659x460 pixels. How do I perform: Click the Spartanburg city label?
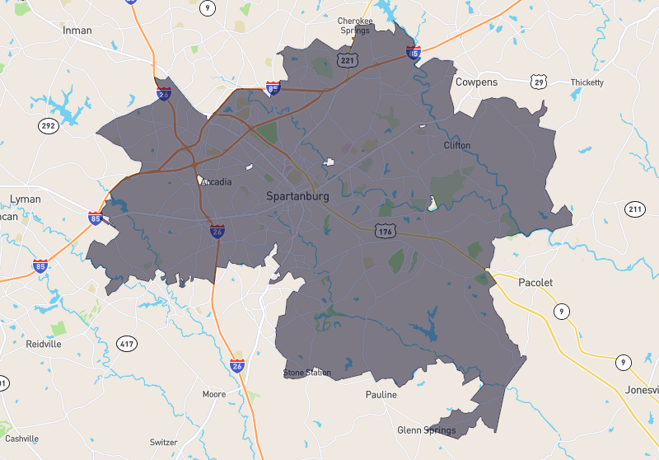pyautogui.click(x=297, y=196)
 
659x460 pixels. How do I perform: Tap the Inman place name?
pyautogui.click(x=77, y=31)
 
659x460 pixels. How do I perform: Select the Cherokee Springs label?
pyautogui.click(x=355, y=26)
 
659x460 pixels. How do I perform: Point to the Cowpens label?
pyautogui.click(x=476, y=82)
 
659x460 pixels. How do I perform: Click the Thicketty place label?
pyautogui.click(x=587, y=82)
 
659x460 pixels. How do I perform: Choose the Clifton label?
pyautogui.click(x=457, y=145)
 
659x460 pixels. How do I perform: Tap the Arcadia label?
pyautogui.click(x=216, y=182)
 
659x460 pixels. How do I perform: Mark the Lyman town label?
pyautogui.click(x=25, y=199)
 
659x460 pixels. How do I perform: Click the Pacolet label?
pyautogui.click(x=535, y=283)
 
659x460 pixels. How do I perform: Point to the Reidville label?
pyautogui.click(x=44, y=344)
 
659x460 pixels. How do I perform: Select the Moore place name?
pyautogui.click(x=214, y=394)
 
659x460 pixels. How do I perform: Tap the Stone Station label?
pyautogui.click(x=307, y=373)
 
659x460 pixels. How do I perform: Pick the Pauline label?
pyautogui.click(x=381, y=395)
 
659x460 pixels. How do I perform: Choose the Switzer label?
pyautogui.click(x=164, y=443)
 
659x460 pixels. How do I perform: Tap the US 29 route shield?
pyautogui.click(x=539, y=81)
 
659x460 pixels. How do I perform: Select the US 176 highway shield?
pyautogui.click(x=385, y=231)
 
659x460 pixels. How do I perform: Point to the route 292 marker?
pyautogui.click(x=48, y=126)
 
